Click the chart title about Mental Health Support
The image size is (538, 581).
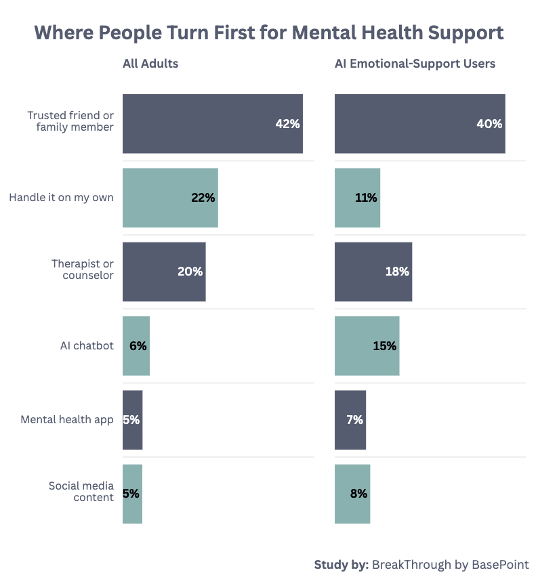tap(269, 33)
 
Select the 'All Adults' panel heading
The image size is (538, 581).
tap(150, 64)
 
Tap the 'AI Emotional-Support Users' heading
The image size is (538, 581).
tap(415, 64)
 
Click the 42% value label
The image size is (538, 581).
tap(287, 124)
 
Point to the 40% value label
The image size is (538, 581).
tap(489, 124)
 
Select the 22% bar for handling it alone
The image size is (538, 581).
tap(170, 198)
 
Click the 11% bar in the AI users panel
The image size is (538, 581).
tap(357, 198)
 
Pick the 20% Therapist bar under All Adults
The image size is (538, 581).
tap(164, 272)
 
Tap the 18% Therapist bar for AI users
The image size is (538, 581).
tap(373, 272)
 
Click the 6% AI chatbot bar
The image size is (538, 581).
tap(136, 345)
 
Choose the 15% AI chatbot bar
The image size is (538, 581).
tap(367, 345)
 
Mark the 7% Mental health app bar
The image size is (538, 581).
tap(350, 420)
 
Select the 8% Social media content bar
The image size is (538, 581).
tap(352, 494)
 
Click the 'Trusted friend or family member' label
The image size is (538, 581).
tap(70, 121)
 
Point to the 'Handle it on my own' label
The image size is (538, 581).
tap(62, 198)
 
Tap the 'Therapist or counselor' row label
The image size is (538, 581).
tap(83, 269)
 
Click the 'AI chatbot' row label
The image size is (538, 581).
tap(87, 346)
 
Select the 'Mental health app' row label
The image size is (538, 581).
tap(67, 420)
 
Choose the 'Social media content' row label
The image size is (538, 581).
tap(81, 492)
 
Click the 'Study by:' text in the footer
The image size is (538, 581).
tap(341, 565)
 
